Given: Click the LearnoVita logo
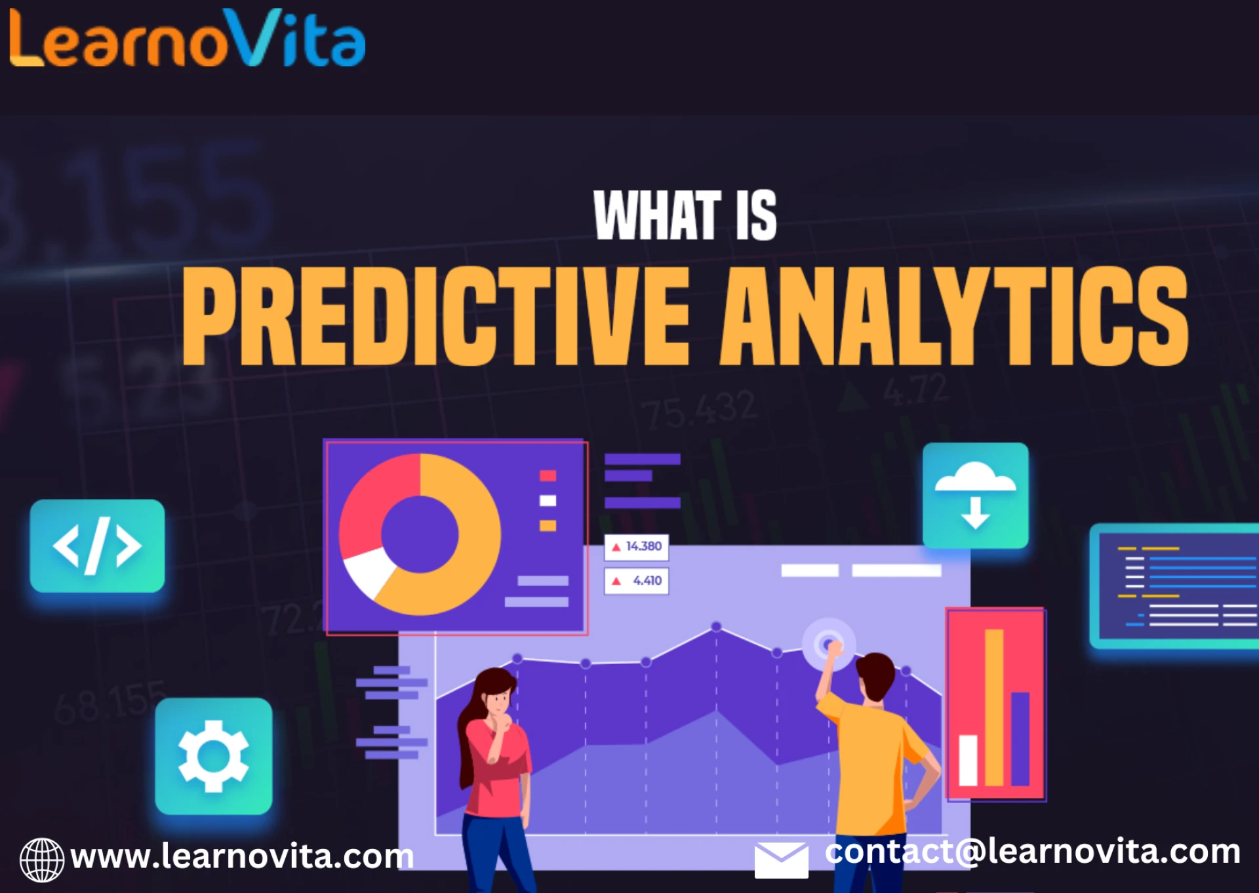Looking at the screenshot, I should pyautogui.click(x=187, y=39).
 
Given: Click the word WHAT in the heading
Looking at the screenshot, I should pyautogui.click(x=657, y=216).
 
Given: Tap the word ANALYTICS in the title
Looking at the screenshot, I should pyautogui.click(x=954, y=316).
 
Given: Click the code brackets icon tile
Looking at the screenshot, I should pyautogui.click(x=97, y=546).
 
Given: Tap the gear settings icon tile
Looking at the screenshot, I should pyautogui.click(x=213, y=756).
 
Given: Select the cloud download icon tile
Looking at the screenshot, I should pyautogui.click(x=975, y=496).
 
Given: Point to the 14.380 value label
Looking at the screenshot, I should pyautogui.click(x=637, y=547).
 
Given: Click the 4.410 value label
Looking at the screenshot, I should pyautogui.click(x=637, y=581).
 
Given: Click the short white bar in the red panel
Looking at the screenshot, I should pyautogui.click(x=968, y=761).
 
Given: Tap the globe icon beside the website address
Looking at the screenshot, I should pyautogui.click(x=42, y=860).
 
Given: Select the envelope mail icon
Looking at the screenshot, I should pyautogui.click(x=781, y=860).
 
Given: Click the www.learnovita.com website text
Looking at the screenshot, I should pyautogui.click(x=242, y=856).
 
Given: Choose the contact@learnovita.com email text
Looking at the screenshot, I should pyautogui.click(x=1032, y=852).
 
